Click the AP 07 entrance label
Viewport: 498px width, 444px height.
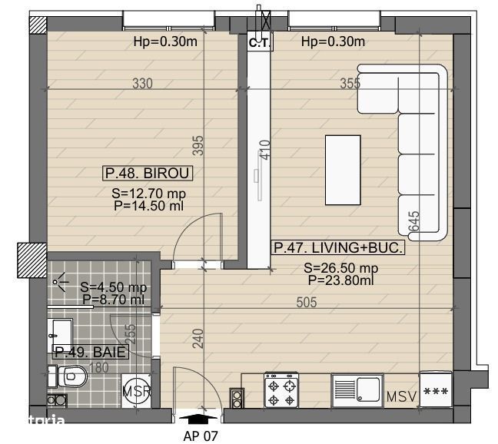pyautogui.click(x=201, y=436)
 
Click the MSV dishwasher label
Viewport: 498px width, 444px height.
pyautogui.click(x=401, y=397)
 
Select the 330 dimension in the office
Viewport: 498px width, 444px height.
pyautogui.click(x=141, y=84)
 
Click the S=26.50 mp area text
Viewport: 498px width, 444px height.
pyautogui.click(x=340, y=268)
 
